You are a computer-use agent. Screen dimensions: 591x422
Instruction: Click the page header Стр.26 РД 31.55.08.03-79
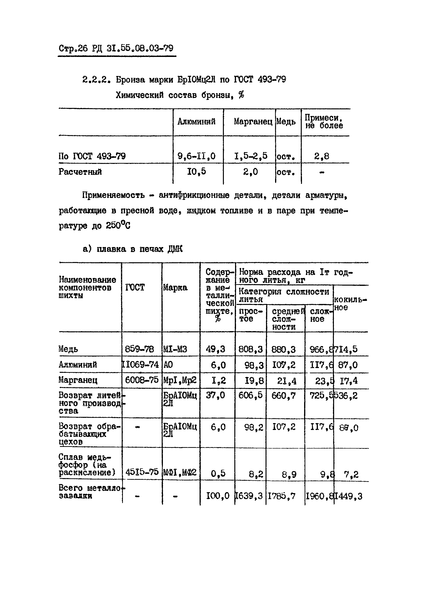[116, 48]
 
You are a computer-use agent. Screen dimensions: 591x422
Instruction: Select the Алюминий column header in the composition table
[196, 121]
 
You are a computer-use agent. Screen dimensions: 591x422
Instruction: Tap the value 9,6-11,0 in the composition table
[196, 156]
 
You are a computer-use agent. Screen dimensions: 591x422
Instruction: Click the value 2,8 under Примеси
[322, 156]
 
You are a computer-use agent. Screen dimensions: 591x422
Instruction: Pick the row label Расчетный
[80, 172]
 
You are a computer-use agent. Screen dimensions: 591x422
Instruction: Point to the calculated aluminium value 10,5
[196, 172]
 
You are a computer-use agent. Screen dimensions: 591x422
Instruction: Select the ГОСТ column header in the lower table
[135, 288]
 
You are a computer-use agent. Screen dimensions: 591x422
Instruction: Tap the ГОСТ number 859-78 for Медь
[139, 349]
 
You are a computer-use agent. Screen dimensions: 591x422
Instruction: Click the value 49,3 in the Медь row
[216, 349]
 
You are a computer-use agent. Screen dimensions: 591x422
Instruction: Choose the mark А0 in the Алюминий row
[168, 365]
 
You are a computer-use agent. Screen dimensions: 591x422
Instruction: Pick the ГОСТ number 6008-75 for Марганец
[142, 380]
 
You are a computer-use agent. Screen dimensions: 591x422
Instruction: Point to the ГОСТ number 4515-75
[142, 472]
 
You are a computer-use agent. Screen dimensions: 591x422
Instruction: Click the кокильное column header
[350, 303]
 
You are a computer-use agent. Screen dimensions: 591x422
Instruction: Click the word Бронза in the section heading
[130, 80]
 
